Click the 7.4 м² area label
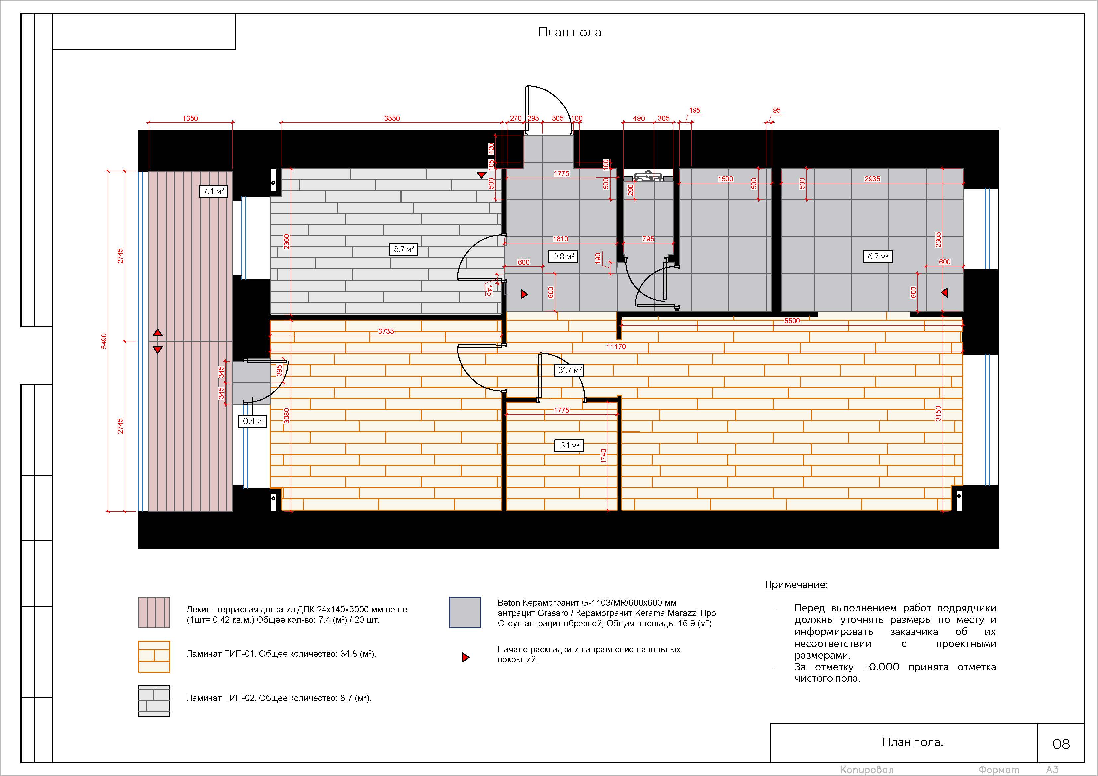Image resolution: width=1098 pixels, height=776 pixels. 213,191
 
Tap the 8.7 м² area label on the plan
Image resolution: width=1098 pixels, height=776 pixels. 403,249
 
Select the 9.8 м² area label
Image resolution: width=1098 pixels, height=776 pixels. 563,257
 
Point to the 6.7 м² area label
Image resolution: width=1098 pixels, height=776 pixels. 878,257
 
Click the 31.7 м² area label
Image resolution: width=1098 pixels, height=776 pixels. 569,370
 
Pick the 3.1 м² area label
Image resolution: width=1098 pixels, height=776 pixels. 569,446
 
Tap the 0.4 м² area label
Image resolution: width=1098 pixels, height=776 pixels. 253,421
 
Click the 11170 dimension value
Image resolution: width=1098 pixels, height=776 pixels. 617,347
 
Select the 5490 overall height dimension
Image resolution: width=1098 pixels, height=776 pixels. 104,341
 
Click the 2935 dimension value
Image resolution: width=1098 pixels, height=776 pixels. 872,179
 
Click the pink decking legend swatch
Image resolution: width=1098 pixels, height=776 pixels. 154,612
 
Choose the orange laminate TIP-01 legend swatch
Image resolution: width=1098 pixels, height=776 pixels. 154,657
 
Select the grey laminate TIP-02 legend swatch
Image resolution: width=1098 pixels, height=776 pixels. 154,701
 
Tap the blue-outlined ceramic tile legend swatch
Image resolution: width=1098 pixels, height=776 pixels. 465,612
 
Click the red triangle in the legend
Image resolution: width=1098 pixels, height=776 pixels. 465,658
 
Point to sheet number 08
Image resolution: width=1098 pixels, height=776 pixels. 1061,744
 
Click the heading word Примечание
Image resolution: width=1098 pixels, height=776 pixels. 795,584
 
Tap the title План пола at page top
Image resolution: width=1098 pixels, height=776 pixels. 571,32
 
